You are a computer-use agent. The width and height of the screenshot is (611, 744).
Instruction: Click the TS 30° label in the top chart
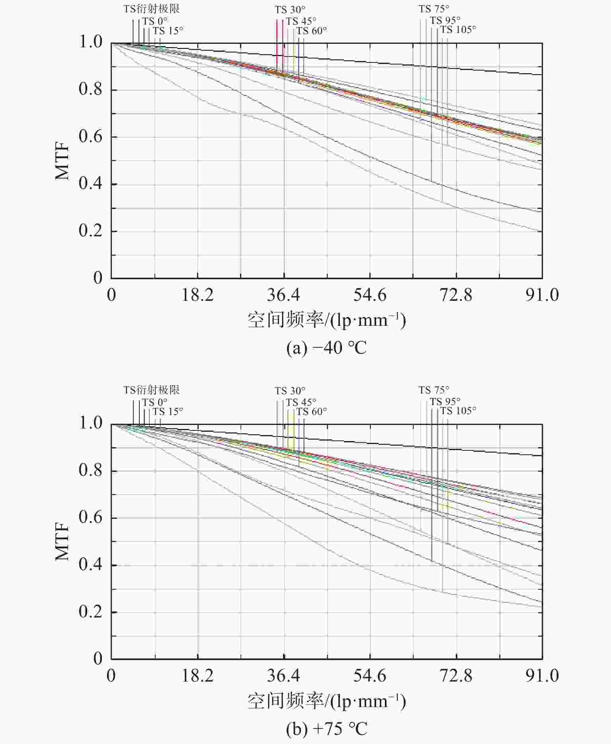click(x=290, y=10)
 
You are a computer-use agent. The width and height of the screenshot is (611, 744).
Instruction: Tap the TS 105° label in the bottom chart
click(x=458, y=411)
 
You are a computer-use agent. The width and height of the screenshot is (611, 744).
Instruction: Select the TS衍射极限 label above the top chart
click(x=151, y=9)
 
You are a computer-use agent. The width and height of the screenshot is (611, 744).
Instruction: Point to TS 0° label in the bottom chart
click(x=155, y=402)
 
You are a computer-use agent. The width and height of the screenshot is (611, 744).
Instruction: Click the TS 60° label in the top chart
click(x=311, y=31)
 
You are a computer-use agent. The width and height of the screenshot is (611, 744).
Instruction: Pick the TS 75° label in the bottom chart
click(x=434, y=390)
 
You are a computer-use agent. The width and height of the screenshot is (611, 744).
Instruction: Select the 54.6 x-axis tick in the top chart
click(x=370, y=295)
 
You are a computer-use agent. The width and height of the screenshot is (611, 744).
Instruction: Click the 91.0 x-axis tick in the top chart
click(x=542, y=295)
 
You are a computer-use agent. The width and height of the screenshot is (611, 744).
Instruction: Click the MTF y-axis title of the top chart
click(x=62, y=160)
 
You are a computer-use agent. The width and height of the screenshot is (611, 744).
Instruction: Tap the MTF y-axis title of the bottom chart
click(x=62, y=541)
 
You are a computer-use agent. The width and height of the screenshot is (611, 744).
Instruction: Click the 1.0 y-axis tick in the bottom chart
click(x=91, y=423)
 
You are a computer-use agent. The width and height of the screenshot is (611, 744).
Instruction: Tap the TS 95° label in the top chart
click(x=445, y=20)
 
